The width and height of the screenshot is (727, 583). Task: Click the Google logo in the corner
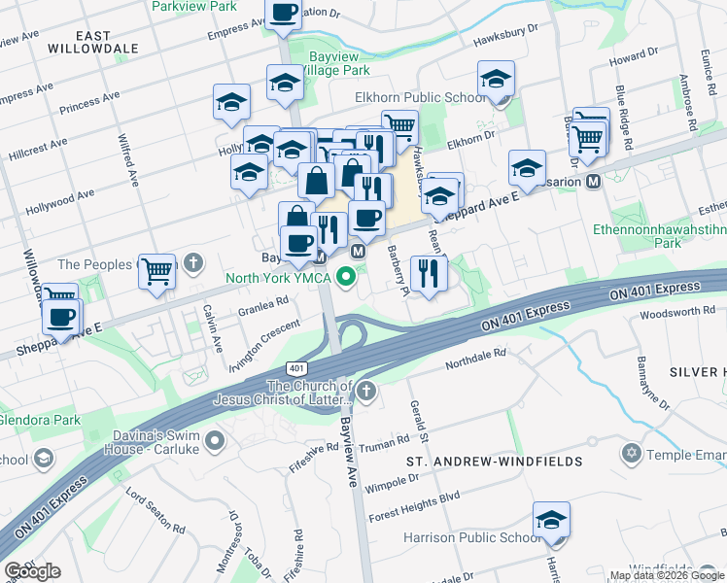pyautogui.click(x=32, y=571)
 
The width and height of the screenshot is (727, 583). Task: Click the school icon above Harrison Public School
pyautogui.click(x=551, y=521)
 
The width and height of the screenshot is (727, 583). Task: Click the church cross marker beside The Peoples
pyautogui.click(x=193, y=262)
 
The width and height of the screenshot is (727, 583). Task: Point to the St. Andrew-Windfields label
pyautogui.click(x=494, y=461)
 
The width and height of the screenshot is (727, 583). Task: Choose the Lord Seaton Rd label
pyautogui.click(x=156, y=510)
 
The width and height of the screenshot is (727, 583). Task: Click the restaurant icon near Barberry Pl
pyautogui.click(x=428, y=273)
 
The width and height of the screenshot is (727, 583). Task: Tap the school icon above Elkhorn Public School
pyautogui.click(x=496, y=81)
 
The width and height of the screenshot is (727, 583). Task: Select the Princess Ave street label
pyautogui.click(x=88, y=100)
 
